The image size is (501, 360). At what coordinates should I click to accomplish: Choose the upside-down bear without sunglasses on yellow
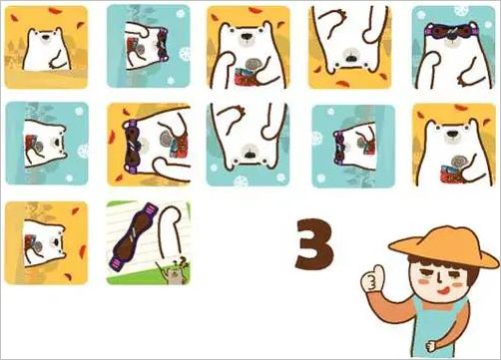(x=349, y=45)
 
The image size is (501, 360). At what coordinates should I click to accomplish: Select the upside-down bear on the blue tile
(x=248, y=145)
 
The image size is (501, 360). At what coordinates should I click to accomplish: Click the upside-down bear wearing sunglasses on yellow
(x=148, y=145)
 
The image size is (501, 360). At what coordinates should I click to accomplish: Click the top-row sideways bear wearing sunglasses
(x=148, y=45)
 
